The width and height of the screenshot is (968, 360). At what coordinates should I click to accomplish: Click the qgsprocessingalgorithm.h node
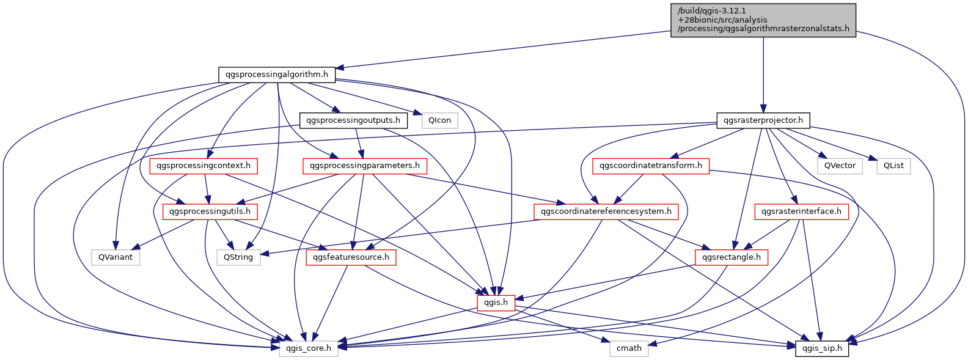pyautogui.click(x=277, y=75)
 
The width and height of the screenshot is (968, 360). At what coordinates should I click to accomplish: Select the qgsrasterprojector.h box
pyautogui.click(x=763, y=120)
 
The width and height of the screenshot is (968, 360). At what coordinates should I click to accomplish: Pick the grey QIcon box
pyautogui.click(x=439, y=120)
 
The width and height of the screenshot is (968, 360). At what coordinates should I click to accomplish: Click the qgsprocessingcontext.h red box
pyautogui.click(x=204, y=166)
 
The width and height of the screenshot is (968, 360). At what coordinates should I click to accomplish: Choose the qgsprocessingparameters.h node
pyautogui.click(x=364, y=166)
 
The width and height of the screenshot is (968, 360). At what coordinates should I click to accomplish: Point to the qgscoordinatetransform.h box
pyautogui.click(x=651, y=166)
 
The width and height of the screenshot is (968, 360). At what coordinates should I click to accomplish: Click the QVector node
pyautogui.click(x=840, y=166)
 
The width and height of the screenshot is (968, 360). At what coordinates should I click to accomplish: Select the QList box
pyautogui.click(x=893, y=166)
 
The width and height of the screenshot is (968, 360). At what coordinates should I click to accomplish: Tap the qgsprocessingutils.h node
pyautogui.click(x=210, y=211)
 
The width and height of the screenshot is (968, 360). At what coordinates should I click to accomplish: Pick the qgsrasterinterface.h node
pyautogui.click(x=801, y=211)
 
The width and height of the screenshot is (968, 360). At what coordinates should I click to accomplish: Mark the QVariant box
pyautogui.click(x=116, y=257)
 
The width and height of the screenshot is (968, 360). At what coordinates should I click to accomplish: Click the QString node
pyautogui.click(x=238, y=257)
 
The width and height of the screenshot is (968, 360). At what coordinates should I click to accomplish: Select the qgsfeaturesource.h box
pyautogui.click(x=351, y=257)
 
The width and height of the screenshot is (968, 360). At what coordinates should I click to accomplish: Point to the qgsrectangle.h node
pyautogui.click(x=732, y=257)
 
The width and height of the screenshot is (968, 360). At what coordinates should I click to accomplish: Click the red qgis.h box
pyautogui.click(x=496, y=303)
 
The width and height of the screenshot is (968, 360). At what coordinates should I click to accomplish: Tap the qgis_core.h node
pyautogui.click(x=309, y=348)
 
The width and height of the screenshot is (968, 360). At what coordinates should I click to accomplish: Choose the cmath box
pyautogui.click(x=629, y=348)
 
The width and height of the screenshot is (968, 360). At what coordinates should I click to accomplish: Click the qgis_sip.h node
pyautogui.click(x=822, y=348)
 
